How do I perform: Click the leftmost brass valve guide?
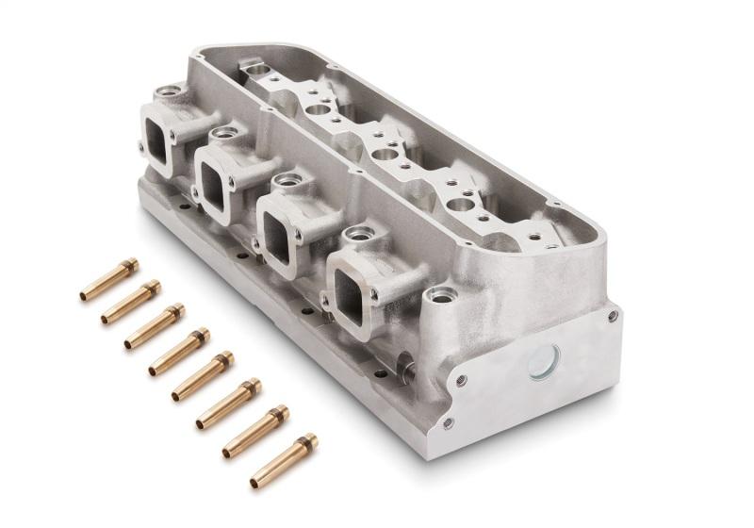point(108,280)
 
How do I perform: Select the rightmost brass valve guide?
point(283,461)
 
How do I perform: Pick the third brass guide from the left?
point(155,325)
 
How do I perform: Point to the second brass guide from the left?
point(131,302)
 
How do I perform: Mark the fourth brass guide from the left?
point(178,350)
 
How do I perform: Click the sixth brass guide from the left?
point(228,402)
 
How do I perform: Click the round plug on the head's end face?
point(544,363)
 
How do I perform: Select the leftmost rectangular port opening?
point(157,141)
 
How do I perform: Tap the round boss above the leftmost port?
point(171,91)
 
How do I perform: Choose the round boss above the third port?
point(288,179)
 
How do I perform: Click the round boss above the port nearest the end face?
point(359,232)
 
